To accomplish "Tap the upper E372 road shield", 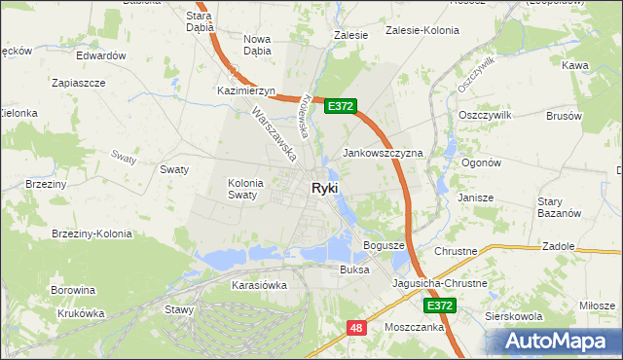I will (341, 106).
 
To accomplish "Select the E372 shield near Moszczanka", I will (440, 306).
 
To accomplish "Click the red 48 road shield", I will (357, 329).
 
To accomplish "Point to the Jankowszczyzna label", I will (383, 154).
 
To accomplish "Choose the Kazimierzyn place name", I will (247, 90).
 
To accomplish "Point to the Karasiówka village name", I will (259, 285).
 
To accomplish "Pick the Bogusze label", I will (384, 245).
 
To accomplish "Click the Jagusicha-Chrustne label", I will (439, 283).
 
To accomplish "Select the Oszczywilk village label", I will (484, 114).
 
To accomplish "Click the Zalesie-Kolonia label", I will (422, 30).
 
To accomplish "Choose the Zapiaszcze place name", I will (78, 83).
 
